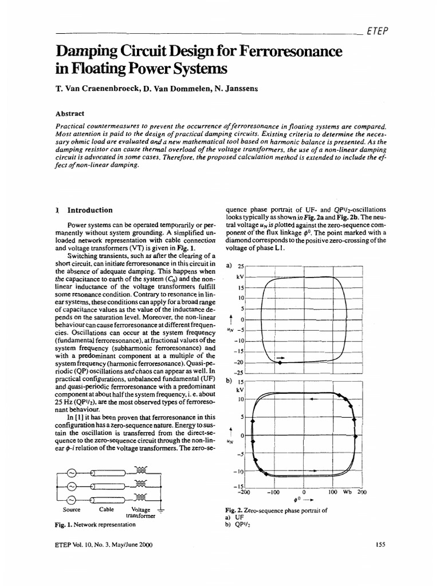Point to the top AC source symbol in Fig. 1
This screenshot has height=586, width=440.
point(72,473)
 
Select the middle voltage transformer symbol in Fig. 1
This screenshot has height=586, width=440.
point(140,484)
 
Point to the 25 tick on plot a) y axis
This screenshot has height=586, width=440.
point(241,267)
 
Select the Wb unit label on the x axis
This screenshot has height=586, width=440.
point(347,492)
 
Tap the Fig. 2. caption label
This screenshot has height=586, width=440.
point(238,509)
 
